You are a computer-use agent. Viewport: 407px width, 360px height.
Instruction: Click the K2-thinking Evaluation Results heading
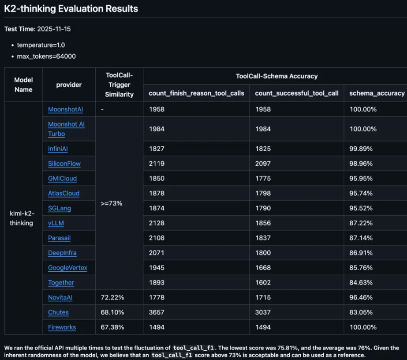point(71,9)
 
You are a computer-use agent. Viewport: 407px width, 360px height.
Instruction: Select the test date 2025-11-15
point(54,29)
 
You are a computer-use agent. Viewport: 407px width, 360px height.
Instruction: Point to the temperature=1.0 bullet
point(41,45)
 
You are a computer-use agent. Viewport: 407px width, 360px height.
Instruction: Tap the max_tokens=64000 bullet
point(46,56)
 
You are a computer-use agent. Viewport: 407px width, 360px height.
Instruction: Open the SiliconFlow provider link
point(64,164)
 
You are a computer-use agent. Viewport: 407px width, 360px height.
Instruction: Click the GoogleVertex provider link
point(67,268)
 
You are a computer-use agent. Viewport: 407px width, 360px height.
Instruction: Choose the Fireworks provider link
point(62,327)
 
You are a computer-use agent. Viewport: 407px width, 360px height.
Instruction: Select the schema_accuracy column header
point(377,94)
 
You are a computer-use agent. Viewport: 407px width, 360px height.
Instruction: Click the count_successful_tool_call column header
point(297,94)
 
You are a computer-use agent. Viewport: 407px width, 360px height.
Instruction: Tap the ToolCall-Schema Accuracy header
point(276,76)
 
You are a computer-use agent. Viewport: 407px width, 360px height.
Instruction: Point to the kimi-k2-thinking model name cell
point(22,218)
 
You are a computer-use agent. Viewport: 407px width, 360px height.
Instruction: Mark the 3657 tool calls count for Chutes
point(157,312)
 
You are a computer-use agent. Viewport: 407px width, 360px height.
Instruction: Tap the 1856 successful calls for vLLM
point(263,223)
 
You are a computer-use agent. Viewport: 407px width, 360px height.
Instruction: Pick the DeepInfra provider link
point(62,253)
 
